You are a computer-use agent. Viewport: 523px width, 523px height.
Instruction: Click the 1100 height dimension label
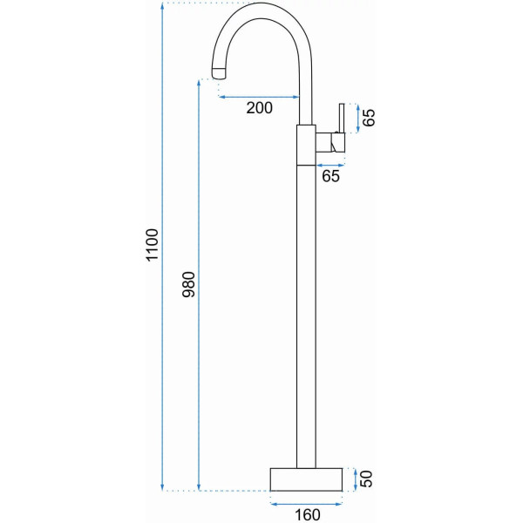[x=152, y=245]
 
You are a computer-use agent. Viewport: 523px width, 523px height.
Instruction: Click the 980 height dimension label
[x=189, y=284]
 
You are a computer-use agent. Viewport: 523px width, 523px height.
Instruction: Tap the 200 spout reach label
[x=259, y=108]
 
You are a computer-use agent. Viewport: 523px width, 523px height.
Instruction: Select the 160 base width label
[x=308, y=515]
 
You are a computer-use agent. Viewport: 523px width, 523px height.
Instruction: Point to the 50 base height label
[x=366, y=479]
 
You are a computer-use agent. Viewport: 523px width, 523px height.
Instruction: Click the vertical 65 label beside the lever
[x=369, y=118]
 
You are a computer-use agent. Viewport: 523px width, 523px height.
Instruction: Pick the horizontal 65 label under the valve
[x=330, y=176]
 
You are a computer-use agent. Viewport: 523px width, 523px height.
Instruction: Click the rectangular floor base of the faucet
[x=306, y=479]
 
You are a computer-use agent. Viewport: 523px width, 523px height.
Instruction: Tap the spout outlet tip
[x=219, y=72]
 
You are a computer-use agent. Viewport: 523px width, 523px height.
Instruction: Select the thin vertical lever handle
[x=342, y=119]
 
